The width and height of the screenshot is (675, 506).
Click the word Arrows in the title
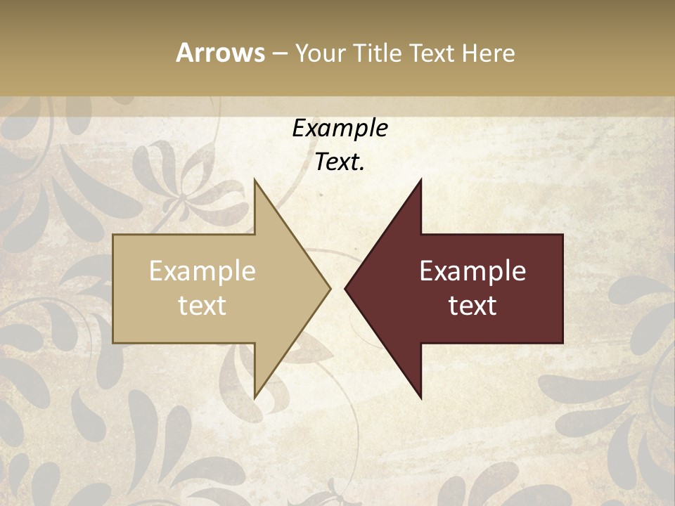[x=220, y=53]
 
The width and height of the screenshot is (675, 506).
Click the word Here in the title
[x=488, y=53]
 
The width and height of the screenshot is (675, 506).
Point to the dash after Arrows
[x=279, y=54]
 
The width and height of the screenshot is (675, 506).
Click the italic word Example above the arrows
[x=340, y=129]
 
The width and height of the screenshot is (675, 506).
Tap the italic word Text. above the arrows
[x=340, y=162]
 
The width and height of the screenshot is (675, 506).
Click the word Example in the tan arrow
[x=202, y=271]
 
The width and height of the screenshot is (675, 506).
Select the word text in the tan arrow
[x=202, y=306]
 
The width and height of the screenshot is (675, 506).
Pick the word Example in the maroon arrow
[x=472, y=271]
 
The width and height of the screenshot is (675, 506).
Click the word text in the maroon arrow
[x=472, y=306]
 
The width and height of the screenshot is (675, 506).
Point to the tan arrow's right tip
[x=330, y=288]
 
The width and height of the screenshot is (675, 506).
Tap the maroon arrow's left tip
[x=345, y=288]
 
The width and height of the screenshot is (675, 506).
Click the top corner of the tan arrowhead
[x=255, y=180]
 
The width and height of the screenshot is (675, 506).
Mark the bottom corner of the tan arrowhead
[x=255, y=398]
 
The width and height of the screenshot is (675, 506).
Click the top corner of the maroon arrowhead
[x=420, y=180]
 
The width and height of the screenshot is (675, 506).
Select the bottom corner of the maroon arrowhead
[x=420, y=398]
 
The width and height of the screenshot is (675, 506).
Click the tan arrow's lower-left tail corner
[x=114, y=342]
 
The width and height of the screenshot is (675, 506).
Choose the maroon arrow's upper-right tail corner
[x=562, y=235]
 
